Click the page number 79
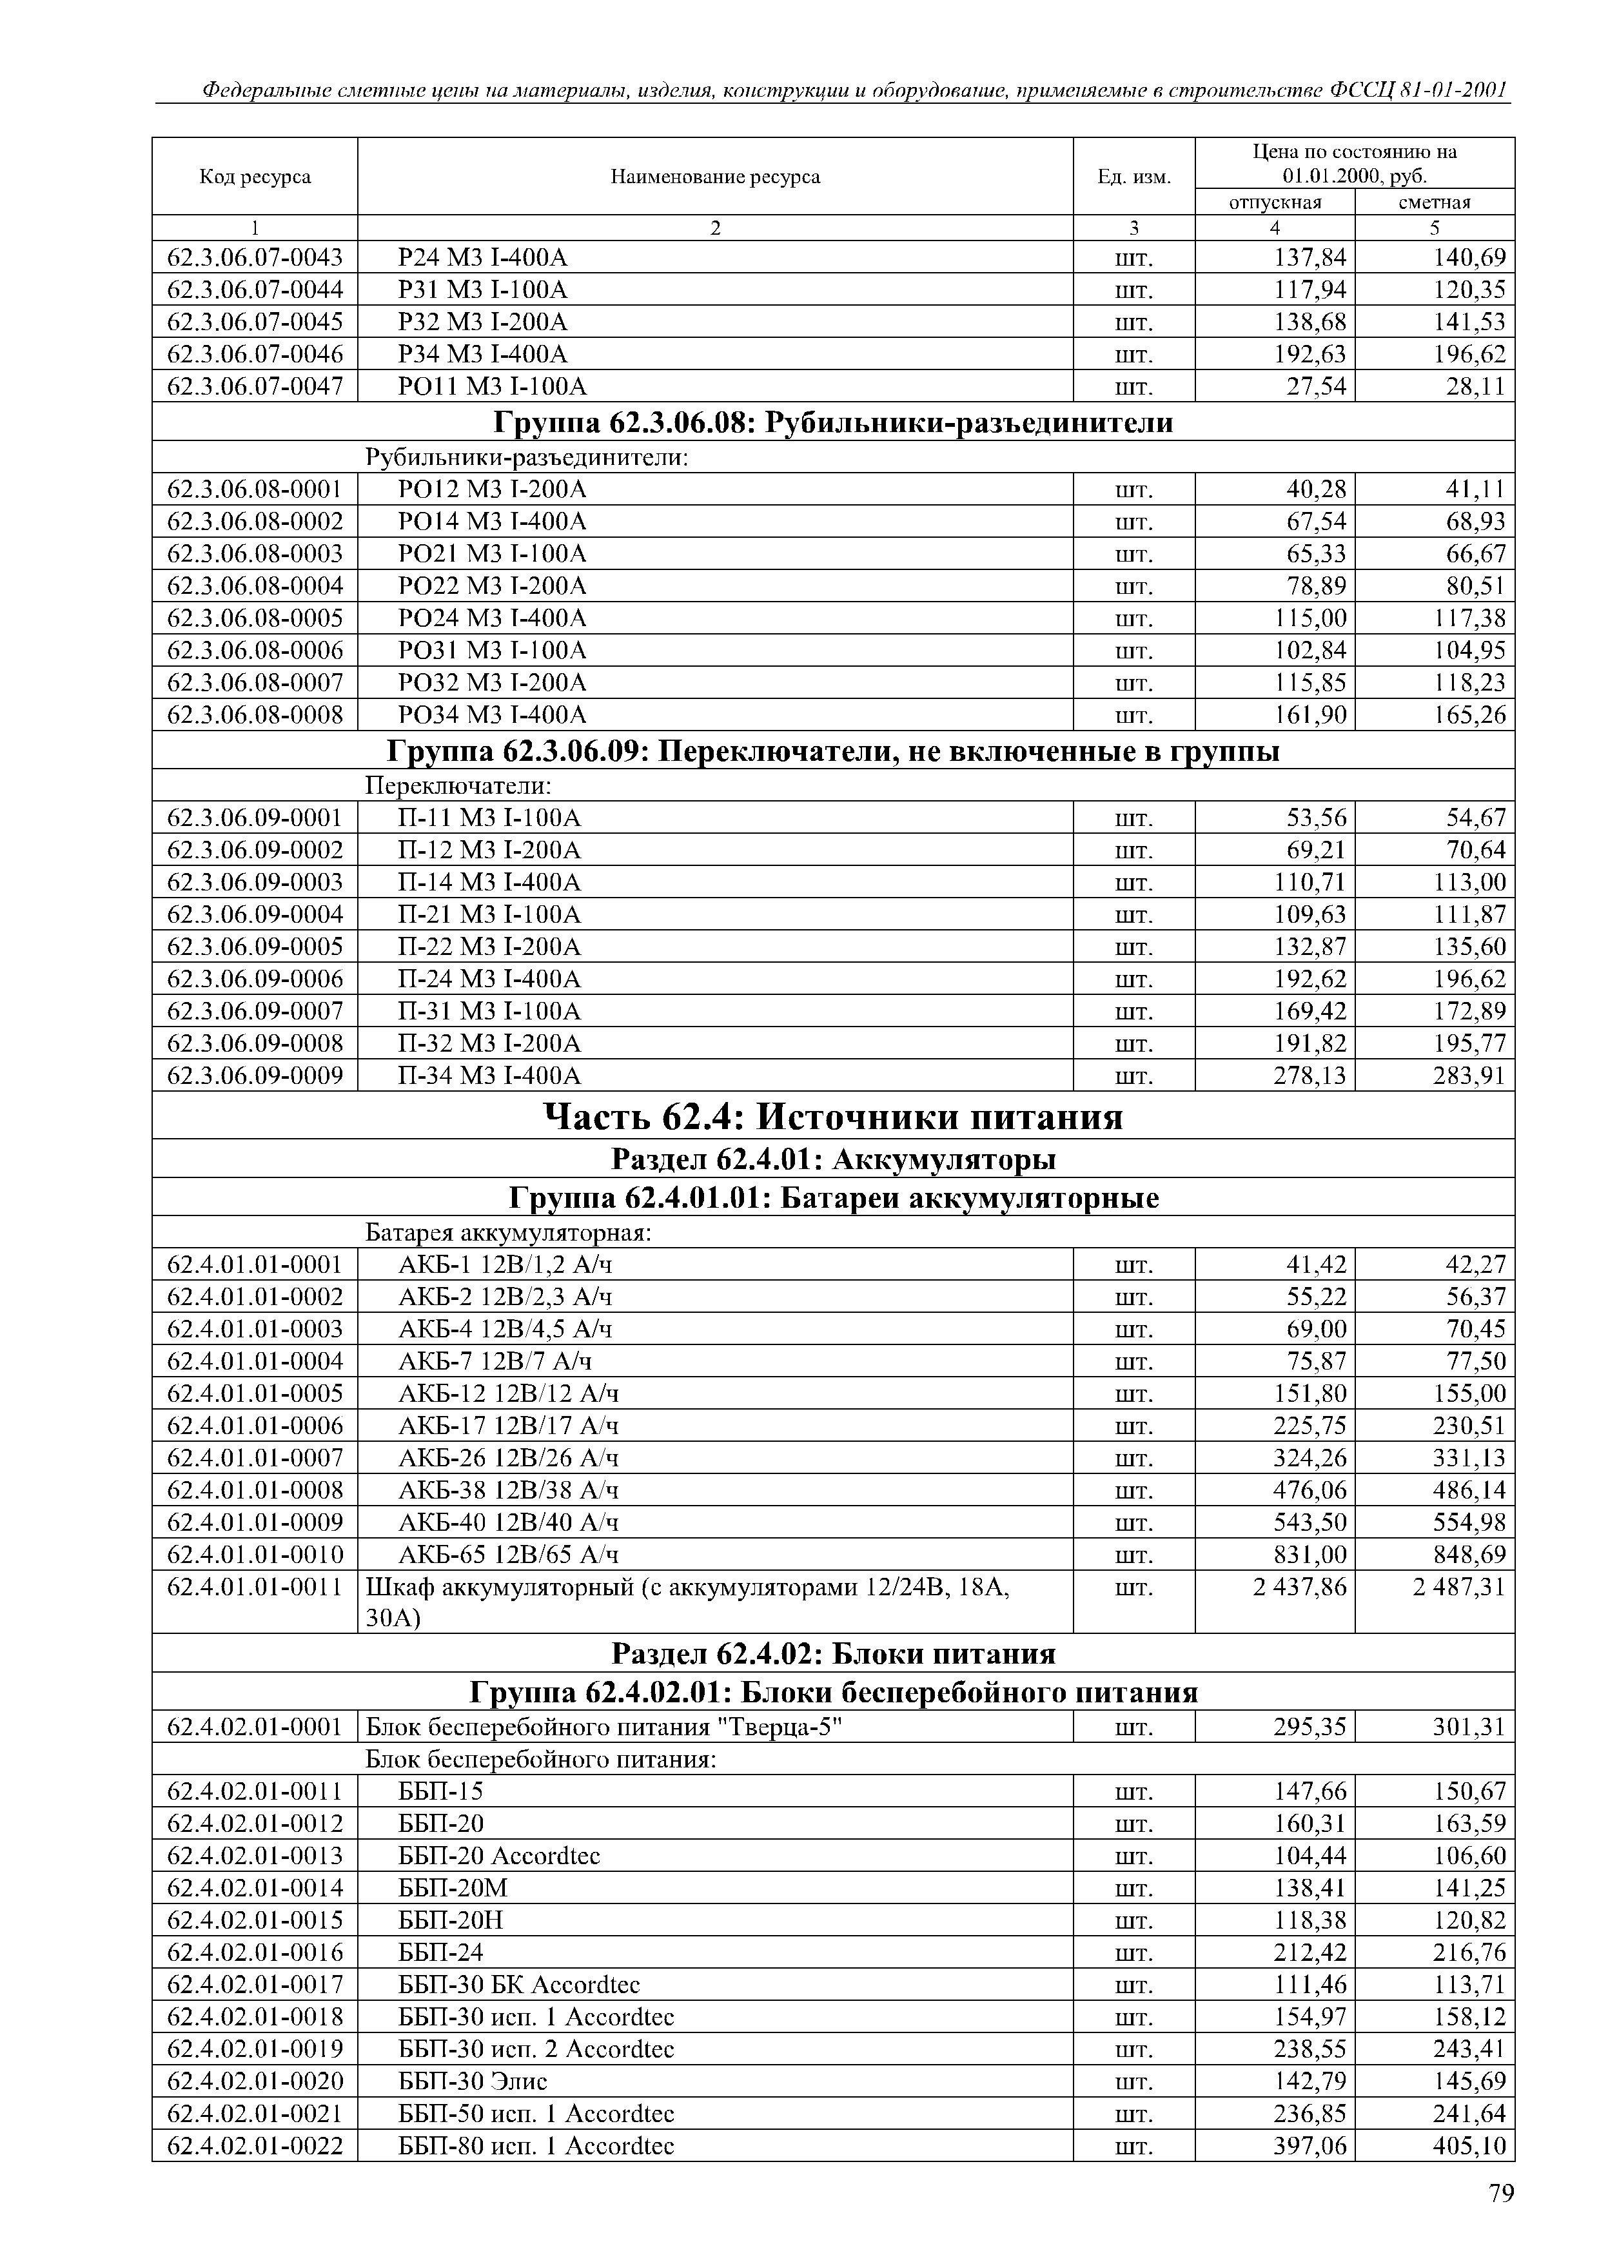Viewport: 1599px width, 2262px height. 1500,2193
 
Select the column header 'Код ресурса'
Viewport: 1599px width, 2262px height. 255,176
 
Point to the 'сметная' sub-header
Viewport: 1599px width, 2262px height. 1435,202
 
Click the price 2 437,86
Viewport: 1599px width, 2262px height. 1299,1587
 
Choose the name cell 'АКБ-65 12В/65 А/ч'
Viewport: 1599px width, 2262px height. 508,1555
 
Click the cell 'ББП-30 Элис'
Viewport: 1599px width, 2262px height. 472,2081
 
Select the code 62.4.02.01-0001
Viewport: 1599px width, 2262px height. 255,1726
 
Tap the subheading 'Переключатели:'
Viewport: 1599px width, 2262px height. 458,785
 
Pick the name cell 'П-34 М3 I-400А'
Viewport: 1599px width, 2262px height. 489,1075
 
